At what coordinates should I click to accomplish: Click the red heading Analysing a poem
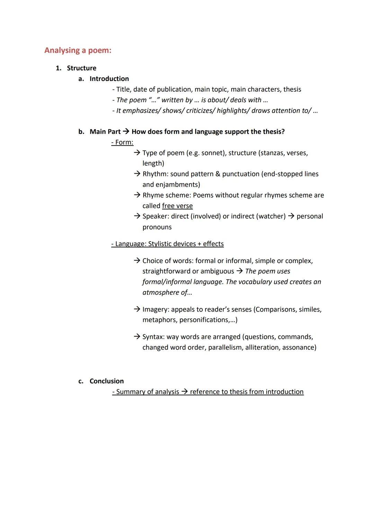click(x=78, y=51)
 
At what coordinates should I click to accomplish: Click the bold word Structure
click(x=81, y=68)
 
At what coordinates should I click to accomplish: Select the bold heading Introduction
click(x=109, y=79)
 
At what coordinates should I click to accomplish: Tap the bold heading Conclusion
click(x=107, y=381)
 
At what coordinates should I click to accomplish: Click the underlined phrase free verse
click(x=177, y=206)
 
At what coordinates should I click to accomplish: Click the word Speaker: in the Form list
click(x=155, y=217)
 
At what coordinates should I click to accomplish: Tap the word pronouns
click(x=157, y=227)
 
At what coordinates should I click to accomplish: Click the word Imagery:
click(x=155, y=309)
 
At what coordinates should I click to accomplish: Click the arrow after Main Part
click(x=126, y=132)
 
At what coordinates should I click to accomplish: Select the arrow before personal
click(x=291, y=217)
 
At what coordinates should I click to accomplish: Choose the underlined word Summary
click(x=130, y=392)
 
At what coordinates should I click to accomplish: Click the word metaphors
click(x=159, y=320)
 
